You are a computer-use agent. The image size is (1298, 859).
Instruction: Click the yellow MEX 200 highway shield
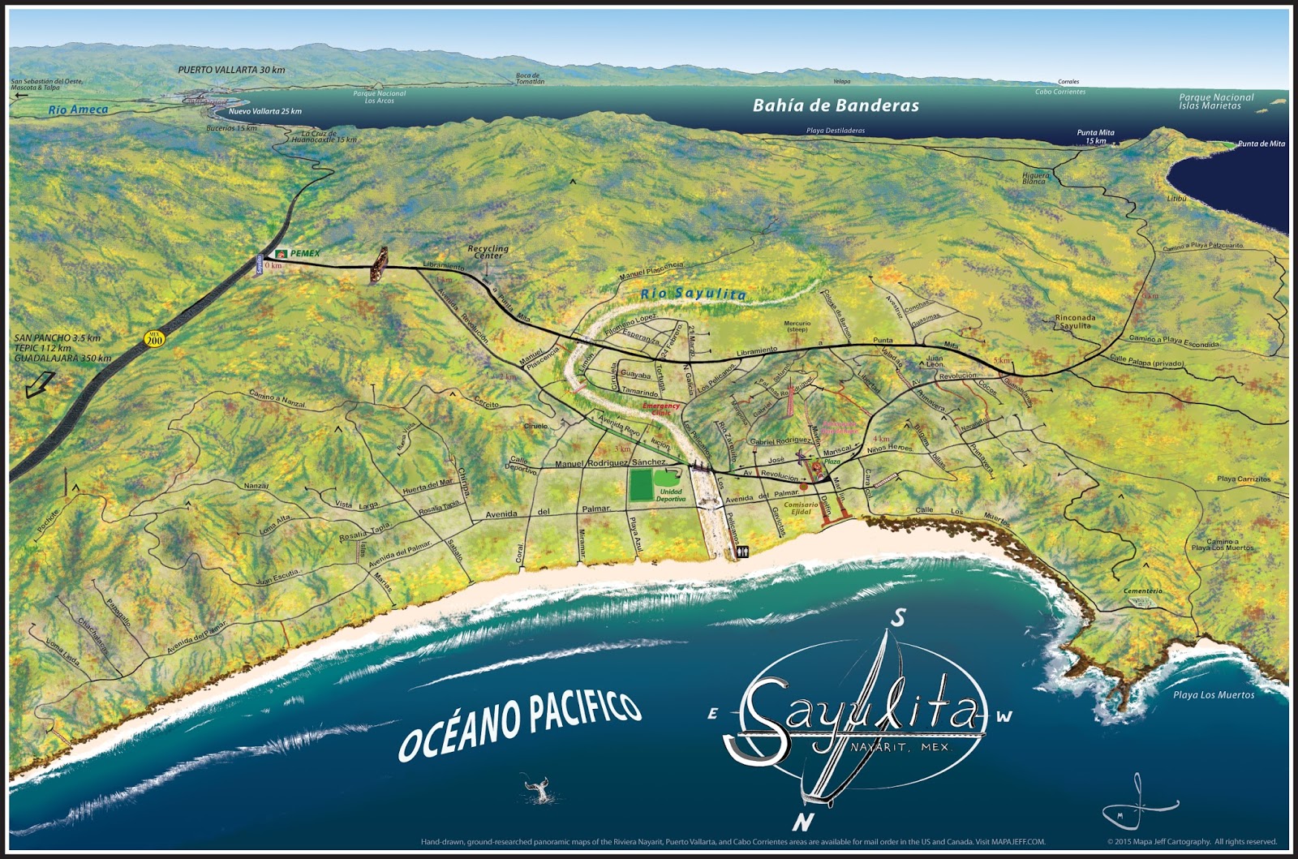pyautogui.click(x=154, y=338)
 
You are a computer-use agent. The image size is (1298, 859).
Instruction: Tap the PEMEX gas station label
pyautogui.click(x=304, y=254)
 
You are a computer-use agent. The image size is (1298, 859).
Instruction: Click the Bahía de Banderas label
pyautogui.click(x=836, y=105)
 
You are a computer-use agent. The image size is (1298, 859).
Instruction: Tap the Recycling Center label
pyautogui.click(x=488, y=252)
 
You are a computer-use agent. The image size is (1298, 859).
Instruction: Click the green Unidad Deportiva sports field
pyautogui.click(x=641, y=485)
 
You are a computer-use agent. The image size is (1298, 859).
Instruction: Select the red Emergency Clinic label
pyautogui.click(x=662, y=409)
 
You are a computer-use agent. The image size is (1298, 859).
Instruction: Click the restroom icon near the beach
pyautogui.click(x=745, y=552)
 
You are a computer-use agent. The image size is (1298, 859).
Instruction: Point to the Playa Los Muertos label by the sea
pyautogui.click(x=1214, y=695)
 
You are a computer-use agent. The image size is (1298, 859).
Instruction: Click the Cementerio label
pyautogui.click(x=1144, y=591)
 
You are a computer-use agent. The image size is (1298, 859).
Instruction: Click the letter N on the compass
pyautogui.click(x=803, y=822)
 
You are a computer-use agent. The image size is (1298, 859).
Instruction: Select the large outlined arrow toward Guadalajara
pyautogui.click(x=40, y=384)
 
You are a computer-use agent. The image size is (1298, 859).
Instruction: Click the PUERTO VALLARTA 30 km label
pyautogui.click(x=231, y=70)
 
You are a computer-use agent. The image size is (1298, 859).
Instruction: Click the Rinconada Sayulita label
pyautogui.click(x=1076, y=321)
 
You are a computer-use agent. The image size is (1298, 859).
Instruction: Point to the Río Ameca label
pyautogui.click(x=78, y=110)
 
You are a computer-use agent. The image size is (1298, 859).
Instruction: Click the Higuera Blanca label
pyautogui.click(x=1036, y=178)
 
